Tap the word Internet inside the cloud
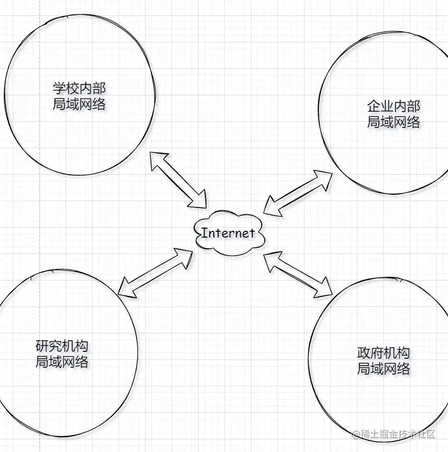229,233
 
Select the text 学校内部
79,88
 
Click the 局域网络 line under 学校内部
79,104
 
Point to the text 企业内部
393,106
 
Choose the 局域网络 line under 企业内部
393,122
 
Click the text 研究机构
61,347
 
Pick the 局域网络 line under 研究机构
61,363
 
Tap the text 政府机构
383,352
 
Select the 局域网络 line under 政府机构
383,369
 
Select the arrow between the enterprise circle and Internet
298,193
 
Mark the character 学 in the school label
59,88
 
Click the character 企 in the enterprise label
374,106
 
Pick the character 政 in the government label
363,352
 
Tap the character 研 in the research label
42,347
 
